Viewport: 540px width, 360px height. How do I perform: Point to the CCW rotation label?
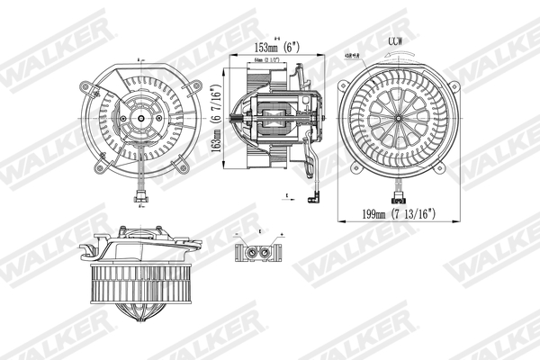click(395, 41)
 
